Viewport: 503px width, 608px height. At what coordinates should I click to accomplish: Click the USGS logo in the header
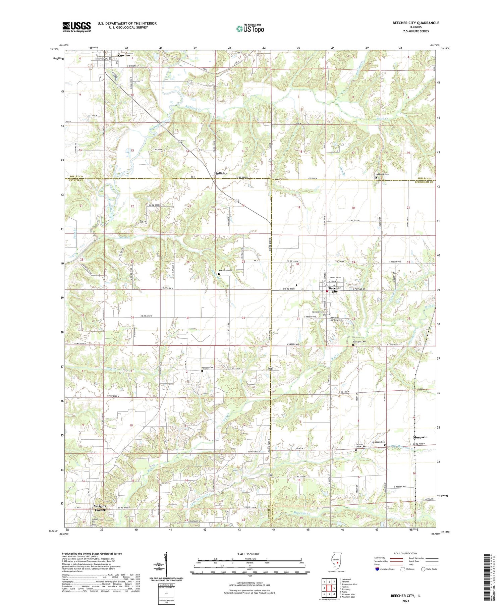pyautogui.click(x=76, y=27)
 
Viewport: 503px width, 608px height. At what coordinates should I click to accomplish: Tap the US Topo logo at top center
pyautogui.click(x=250, y=29)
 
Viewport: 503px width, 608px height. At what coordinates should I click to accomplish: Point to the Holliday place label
pyautogui.click(x=221, y=173)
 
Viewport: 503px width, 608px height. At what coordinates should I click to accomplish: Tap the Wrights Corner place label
pyautogui.click(x=100, y=508)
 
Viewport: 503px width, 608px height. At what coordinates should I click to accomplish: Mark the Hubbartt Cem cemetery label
pyautogui.click(x=382, y=174)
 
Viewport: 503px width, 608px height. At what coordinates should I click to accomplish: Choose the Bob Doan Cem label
pyautogui.click(x=225, y=270)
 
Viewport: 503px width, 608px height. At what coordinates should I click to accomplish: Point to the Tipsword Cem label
pyautogui.click(x=358, y=342)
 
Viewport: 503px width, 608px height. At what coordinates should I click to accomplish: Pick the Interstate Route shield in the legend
pyautogui.click(x=378, y=569)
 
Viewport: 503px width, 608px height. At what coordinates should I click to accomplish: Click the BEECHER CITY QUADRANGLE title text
pyautogui.click(x=416, y=23)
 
